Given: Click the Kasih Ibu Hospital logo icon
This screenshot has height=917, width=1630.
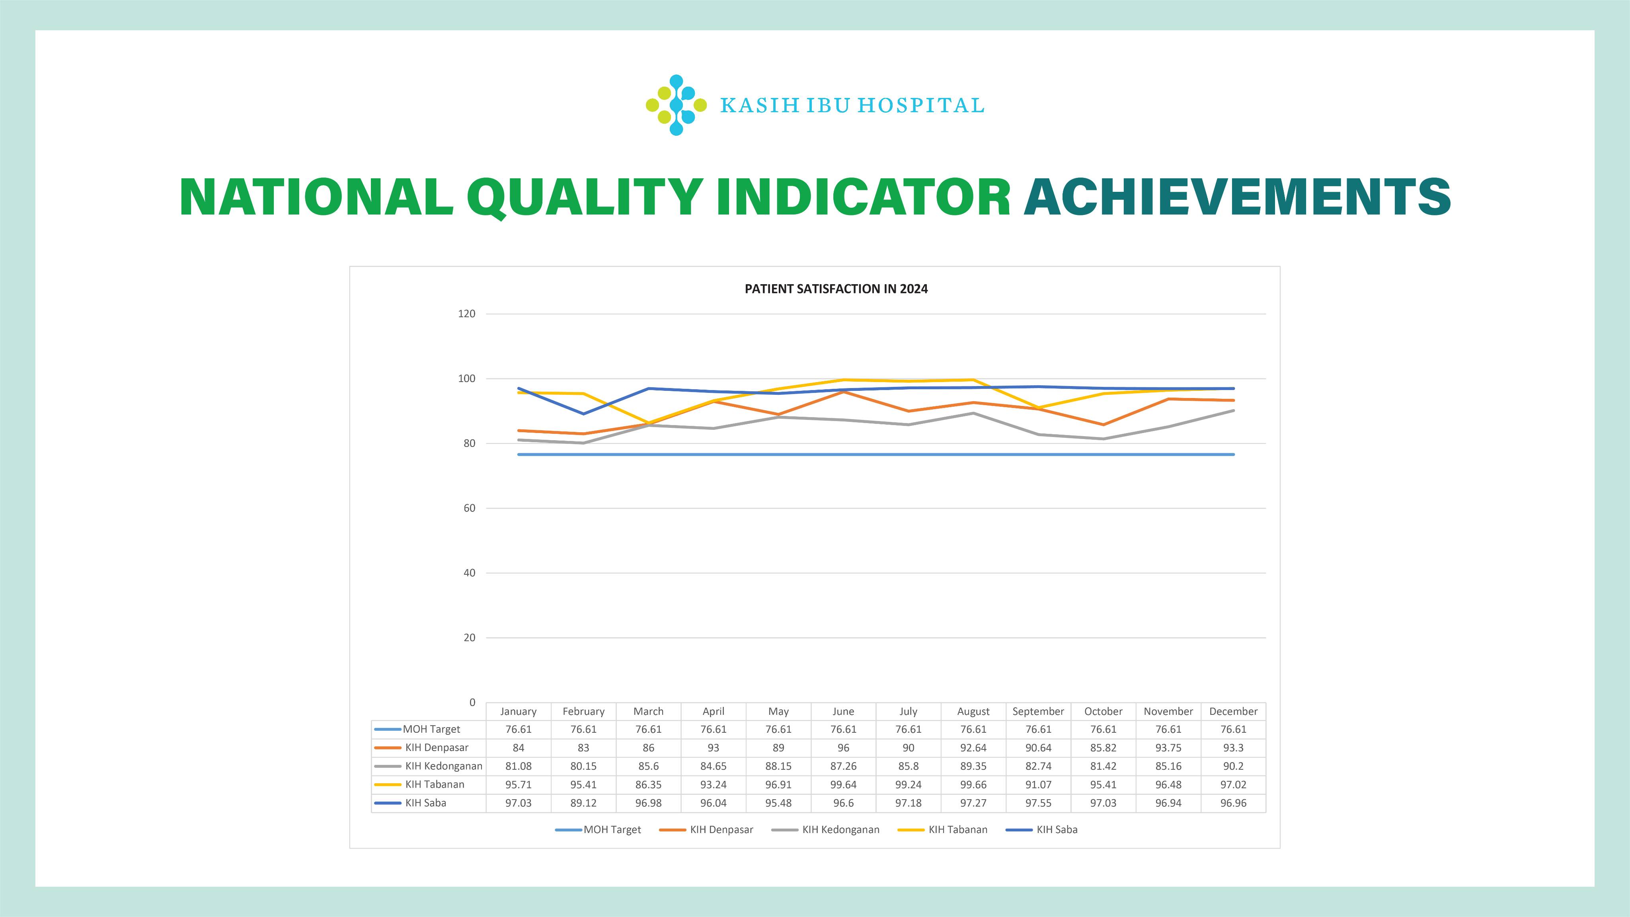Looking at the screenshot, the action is coord(676,105).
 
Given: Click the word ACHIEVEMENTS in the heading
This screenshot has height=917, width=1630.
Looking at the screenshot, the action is coord(1237,197).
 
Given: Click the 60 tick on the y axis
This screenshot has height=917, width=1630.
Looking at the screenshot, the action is coord(469,508).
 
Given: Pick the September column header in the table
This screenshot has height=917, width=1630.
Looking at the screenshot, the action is coord(1038,711).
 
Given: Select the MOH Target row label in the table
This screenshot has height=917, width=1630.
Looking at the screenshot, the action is coord(431,729).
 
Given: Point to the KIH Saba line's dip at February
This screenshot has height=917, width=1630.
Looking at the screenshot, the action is coord(583,414).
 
